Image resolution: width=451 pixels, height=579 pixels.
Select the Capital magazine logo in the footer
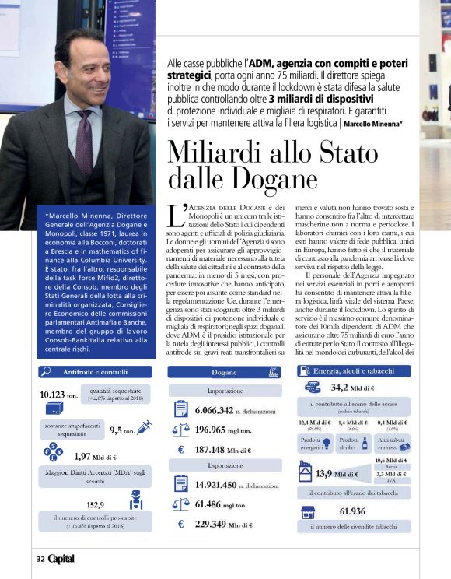click(62, 558)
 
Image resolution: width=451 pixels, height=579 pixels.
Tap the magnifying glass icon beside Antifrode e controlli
click(46, 371)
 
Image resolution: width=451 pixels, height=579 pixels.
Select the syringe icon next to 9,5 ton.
click(142, 427)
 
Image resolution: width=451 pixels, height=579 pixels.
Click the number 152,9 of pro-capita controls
click(96, 504)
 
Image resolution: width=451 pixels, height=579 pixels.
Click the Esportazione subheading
click(223, 467)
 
